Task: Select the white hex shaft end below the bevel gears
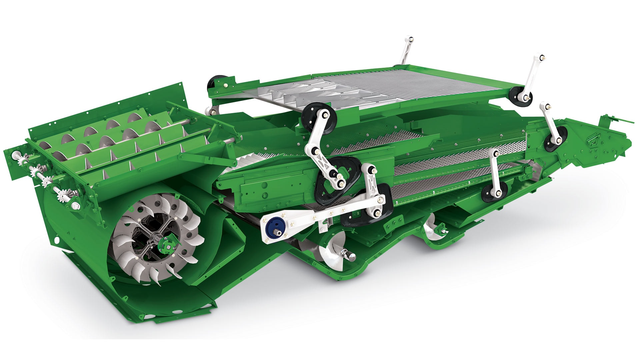tap(75, 205)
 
